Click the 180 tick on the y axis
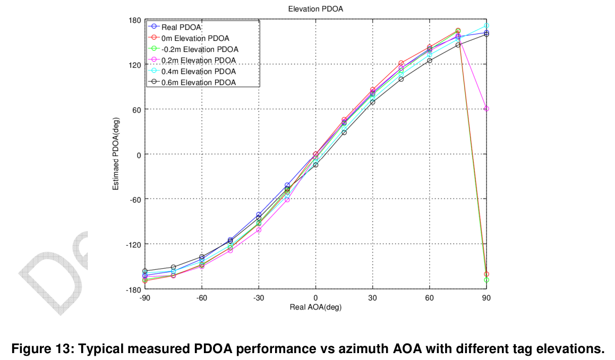click(x=135, y=20)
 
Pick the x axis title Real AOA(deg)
click(x=315, y=307)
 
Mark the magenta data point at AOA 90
click(x=486, y=109)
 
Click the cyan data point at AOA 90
click(x=486, y=25)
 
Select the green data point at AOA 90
click(x=486, y=280)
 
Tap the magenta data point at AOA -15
click(x=287, y=200)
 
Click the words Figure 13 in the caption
click(x=38, y=349)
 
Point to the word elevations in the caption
click(x=574, y=349)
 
